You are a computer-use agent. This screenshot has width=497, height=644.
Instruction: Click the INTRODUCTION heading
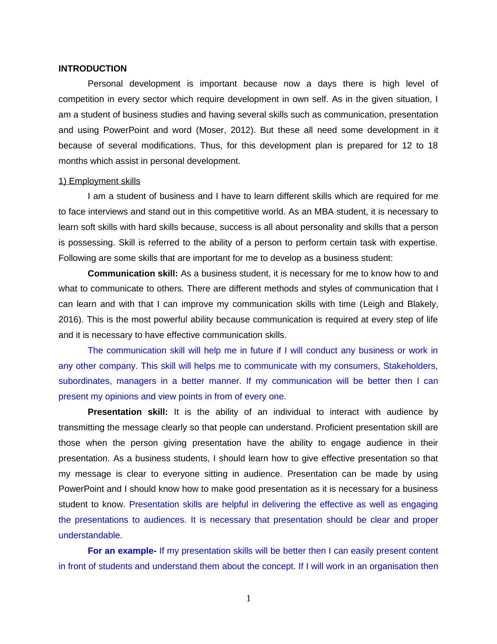click(92, 69)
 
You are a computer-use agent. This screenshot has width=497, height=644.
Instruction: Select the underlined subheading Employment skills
click(99, 181)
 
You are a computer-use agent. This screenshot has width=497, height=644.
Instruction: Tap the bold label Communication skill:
click(133, 273)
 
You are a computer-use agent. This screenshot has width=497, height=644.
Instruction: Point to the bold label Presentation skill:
click(127, 412)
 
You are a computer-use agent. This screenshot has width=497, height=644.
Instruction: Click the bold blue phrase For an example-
click(122, 551)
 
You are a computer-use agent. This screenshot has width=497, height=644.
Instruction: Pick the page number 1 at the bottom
click(248, 599)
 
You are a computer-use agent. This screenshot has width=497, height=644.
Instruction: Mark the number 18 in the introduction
click(433, 146)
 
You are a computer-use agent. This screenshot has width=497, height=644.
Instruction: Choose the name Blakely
click(423, 304)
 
